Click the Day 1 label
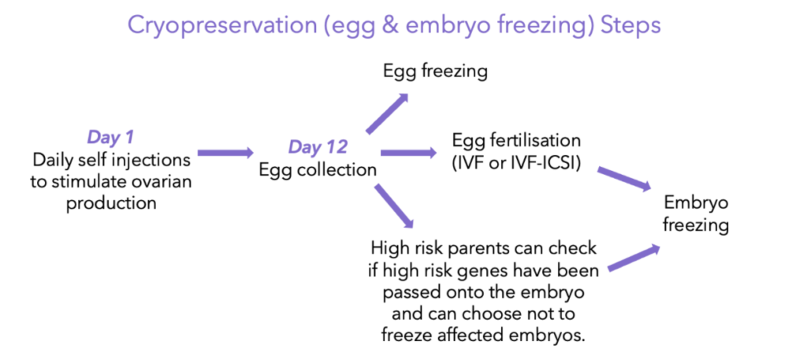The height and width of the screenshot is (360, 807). point(111,137)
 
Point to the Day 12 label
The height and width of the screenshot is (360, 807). point(318,147)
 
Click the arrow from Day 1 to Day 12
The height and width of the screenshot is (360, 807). point(226,153)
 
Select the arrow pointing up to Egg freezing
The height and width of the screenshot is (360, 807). point(387,113)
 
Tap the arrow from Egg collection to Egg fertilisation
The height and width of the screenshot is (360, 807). point(407,153)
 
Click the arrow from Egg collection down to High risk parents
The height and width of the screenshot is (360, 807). point(394,206)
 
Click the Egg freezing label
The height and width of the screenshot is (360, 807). point(435,72)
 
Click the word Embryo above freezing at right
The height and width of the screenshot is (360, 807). point(697,203)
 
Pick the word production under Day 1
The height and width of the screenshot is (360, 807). point(111,204)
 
